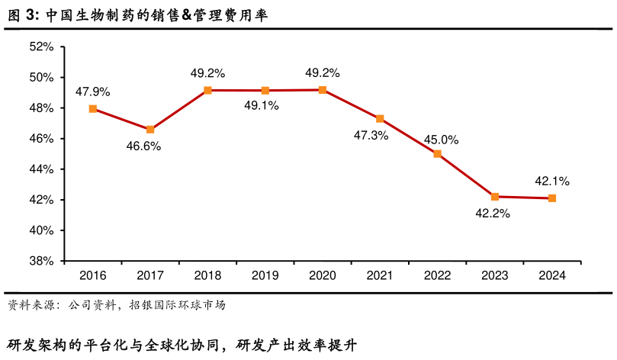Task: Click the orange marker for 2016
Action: tap(93, 109)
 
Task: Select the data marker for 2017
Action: tap(150, 130)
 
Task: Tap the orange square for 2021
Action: tap(380, 119)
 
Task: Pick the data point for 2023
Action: tap(494, 197)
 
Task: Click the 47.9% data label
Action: tap(93, 92)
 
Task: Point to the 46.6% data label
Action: tap(143, 146)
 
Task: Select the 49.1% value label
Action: tap(261, 106)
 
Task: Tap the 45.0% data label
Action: tap(441, 140)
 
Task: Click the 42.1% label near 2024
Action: tap(552, 182)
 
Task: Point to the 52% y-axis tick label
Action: tap(41, 47)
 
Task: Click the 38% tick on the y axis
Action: tap(41, 261)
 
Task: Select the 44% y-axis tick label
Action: tap(41, 169)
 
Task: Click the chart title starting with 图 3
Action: tap(137, 16)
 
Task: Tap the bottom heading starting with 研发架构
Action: tap(182, 345)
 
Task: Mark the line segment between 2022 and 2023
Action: tap(466, 175)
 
